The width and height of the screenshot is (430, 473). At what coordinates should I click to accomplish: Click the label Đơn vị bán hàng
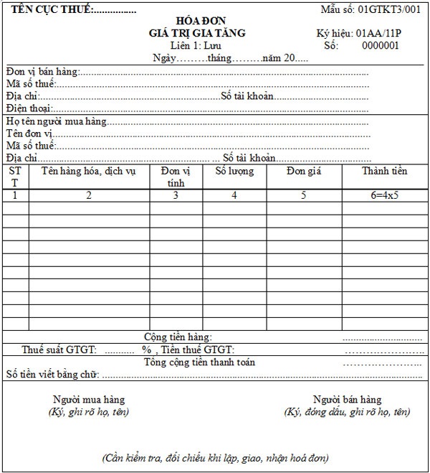click(x=42, y=72)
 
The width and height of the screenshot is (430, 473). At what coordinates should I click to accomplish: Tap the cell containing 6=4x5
click(x=384, y=195)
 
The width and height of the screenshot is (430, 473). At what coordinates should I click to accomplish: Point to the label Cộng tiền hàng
click(x=178, y=337)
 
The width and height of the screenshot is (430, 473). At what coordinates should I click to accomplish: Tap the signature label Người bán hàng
click(x=347, y=400)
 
